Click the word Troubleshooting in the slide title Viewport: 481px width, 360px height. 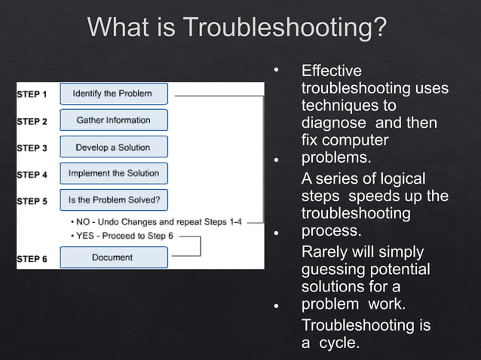click(286, 28)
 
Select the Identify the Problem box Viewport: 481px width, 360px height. click(113, 94)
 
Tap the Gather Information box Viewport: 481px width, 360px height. click(113, 121)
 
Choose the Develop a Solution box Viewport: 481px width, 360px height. click(113, 148)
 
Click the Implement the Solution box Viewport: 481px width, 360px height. click(113, 173)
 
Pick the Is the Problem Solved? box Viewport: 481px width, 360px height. click(113, 200)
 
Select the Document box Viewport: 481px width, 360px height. click(113, 258)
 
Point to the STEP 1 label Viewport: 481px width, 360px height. click(32, 95)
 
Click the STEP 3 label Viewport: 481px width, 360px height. click(32, 148)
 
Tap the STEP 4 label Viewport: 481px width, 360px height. click(32, 175)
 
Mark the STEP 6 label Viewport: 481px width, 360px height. click(32, 259)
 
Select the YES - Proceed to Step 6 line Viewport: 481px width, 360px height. click(124, 236)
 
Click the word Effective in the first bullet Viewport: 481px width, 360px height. click(331, 72)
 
